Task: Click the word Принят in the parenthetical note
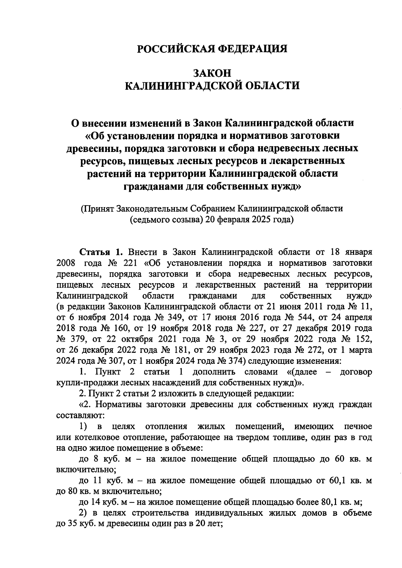[x=98, y=209]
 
